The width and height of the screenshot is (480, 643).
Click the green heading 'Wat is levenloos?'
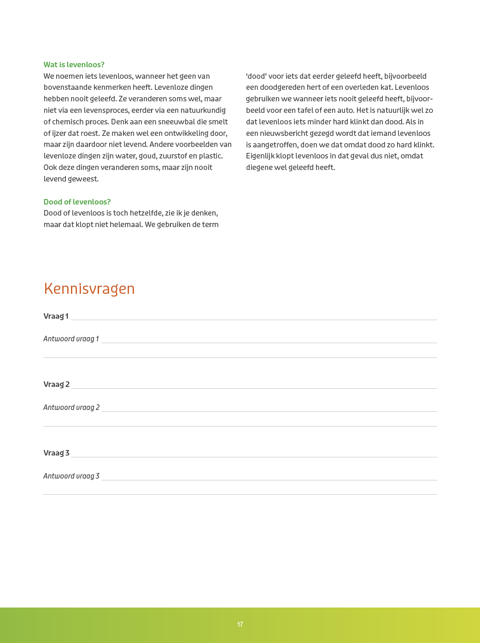(x=74, y=64)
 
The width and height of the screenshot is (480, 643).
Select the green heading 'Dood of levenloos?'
(x=77, y=202)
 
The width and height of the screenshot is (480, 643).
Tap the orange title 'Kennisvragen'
(x=89, y=289)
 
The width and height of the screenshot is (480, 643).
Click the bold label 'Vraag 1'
(x=56, y=316)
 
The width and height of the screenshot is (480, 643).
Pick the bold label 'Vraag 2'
(x=56, y=384)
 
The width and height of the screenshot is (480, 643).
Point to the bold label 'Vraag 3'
(x=56, y=453)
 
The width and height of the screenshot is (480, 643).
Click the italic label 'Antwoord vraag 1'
(x=71, y=339)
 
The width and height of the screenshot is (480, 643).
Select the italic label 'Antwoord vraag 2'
(x=71, y=407)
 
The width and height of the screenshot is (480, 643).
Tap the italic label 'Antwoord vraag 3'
(x=71, y=476)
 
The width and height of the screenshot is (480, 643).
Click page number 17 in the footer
(x=240, y=625)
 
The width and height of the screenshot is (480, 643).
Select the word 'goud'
(x=147, y=156)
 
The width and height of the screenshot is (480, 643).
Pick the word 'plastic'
(x=211, y=156)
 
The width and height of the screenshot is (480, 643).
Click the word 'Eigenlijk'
(x=260, y=156)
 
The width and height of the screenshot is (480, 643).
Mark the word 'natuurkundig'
(x=204, y=110)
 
